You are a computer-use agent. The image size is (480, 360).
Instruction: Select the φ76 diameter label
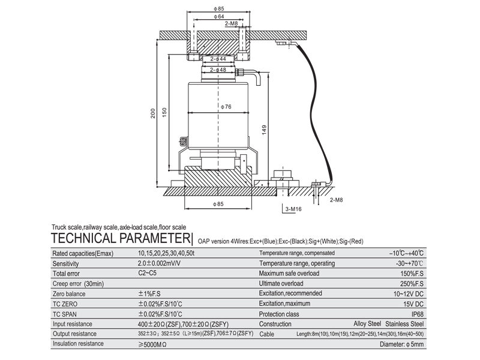point(226,107)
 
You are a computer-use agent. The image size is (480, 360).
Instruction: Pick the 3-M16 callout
point(293,209)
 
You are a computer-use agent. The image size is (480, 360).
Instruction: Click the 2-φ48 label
point(218,70)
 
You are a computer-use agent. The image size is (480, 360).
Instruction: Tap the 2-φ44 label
point(218,59)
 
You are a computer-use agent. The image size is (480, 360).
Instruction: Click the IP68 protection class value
point(417,314)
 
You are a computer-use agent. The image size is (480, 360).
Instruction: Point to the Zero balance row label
point(70,294)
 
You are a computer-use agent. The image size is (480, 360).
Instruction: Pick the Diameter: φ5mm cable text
point(402,344)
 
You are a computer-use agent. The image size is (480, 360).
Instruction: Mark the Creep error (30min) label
point(79,283)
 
